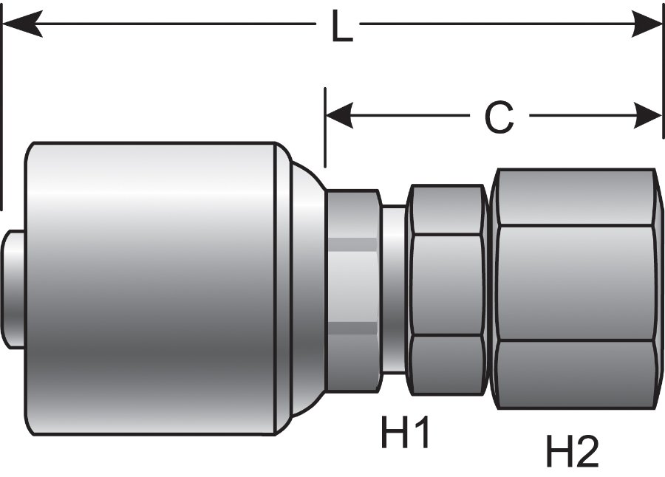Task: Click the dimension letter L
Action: point(341,27)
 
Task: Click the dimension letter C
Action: point(499,117)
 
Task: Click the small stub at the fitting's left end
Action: point(13,289)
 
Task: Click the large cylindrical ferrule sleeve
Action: point(151,288)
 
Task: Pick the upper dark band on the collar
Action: point(352,244)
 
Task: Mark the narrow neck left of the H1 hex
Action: point(394,288)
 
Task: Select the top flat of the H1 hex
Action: point(446,210)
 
